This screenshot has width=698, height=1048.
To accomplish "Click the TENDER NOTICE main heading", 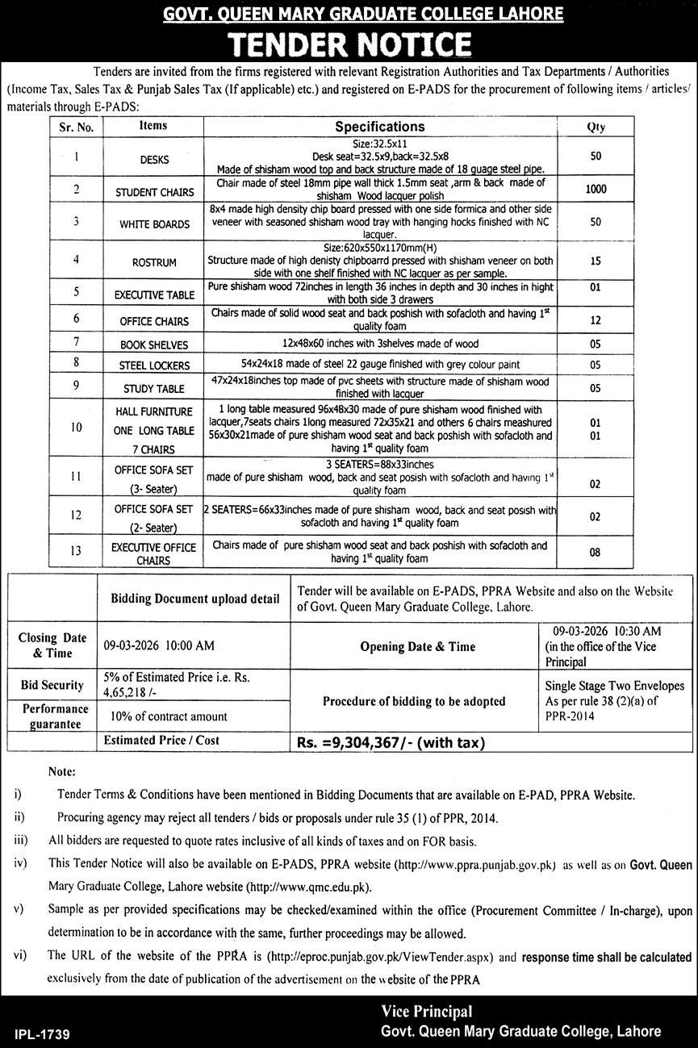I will click(349, 43).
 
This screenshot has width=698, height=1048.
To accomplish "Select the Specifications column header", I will click(379, 127).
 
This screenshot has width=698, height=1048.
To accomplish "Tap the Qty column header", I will click(596, 127).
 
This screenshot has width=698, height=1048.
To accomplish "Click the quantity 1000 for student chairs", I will click(596, 190).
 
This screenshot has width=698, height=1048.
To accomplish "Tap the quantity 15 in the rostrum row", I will click(596, 262).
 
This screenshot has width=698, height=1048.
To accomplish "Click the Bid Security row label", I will click(52, 685).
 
